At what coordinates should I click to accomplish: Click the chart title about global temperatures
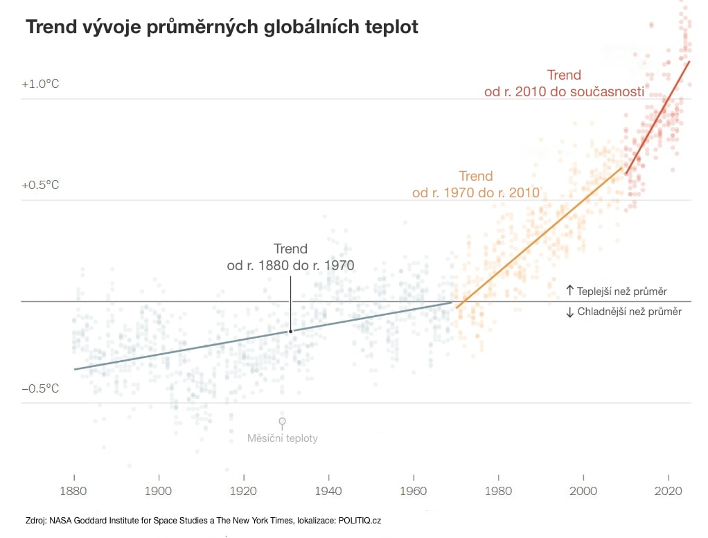click(222, 28)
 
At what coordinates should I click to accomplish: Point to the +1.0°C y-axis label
click(40, 84)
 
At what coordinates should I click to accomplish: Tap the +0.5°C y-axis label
click(40, 186)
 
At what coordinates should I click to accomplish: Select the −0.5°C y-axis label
click(40, 388)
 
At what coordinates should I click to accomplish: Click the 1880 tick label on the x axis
click(73, 491)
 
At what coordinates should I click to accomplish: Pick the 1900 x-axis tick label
click(159, 491)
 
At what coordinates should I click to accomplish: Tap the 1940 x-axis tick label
click(328, 491)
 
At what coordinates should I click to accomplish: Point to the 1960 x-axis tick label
click(414, 491)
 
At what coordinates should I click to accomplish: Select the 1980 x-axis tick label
click(498, 491)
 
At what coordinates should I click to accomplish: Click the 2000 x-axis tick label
click(583, 491)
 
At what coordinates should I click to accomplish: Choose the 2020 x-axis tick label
click(668, 491)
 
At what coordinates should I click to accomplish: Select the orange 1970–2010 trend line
click(540, 235)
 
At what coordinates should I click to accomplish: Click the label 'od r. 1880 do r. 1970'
click(290, 265)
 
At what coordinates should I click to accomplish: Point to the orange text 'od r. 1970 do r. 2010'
click(475, 193)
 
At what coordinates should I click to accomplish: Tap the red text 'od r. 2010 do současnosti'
click(564, 92)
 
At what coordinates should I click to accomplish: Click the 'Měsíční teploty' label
click(283, 438)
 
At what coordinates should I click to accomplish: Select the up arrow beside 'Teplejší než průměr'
click(570, 291)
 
